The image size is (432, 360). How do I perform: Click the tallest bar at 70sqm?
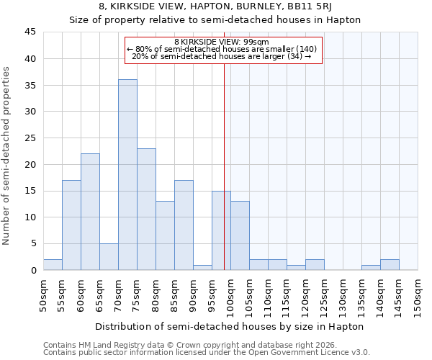[x=127, y=174]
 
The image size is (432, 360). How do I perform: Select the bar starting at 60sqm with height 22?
[x=90, y=212]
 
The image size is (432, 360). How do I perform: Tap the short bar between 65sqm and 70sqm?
[x=109, y=257]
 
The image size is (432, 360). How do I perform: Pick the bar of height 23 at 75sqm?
[x=146, y=209]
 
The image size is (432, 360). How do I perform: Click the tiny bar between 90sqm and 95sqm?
[x=202, y=267]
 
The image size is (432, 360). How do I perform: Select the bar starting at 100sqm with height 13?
[x=240, y=235]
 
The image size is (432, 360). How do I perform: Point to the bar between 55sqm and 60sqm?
[x=71, y=225]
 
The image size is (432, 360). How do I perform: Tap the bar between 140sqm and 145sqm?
[x=390, y=265]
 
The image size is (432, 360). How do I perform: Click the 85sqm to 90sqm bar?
[x=184, y=225]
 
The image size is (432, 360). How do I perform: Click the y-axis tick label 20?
[x=30, y=164]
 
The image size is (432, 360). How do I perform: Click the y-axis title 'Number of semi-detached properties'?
[x=7, y=156]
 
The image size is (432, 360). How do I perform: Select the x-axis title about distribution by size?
[x=229, y=326]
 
